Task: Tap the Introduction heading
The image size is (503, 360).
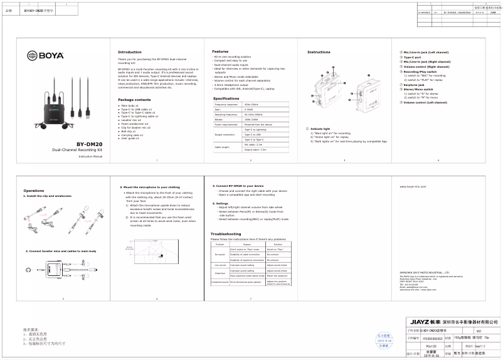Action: pyautogui.click(x=130, y=52)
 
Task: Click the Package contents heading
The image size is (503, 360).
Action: pyautogui.click(x=134, y=100)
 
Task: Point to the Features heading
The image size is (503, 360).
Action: pyautogui.click(x=220, y=51)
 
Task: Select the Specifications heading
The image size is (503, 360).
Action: pyautogui.click(x=226, y=98)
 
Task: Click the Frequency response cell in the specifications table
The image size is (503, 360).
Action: pyautogui.click(x=226, y=103)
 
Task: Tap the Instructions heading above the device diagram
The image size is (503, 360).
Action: pyautogui.click(x=319, y=52)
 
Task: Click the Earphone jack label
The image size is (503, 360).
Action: pyautogui.click(x=414, y=85)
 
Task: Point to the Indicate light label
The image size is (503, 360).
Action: pyautogui.click(x=320, y=129)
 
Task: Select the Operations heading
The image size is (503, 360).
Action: pyautogui.click(x=34, y=191)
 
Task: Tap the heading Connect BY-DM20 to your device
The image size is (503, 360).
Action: pyautogui.click(x=240, y=186)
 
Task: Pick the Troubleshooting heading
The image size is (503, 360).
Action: pyautogui.click(x=226, y=234)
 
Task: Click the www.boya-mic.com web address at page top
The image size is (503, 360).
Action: pyautogui.click(x=413, y=187)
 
